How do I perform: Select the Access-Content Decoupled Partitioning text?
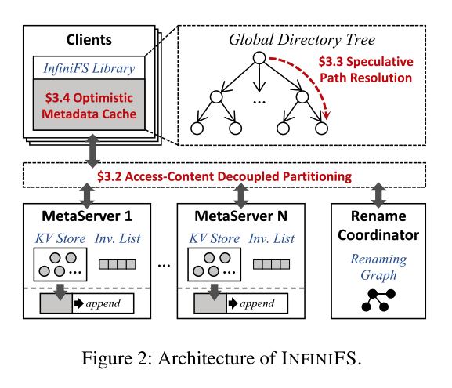click(x=224, y=176)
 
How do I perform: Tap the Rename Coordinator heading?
click(x=377, y=224)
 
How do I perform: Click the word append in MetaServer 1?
click(x=103, y=303)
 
